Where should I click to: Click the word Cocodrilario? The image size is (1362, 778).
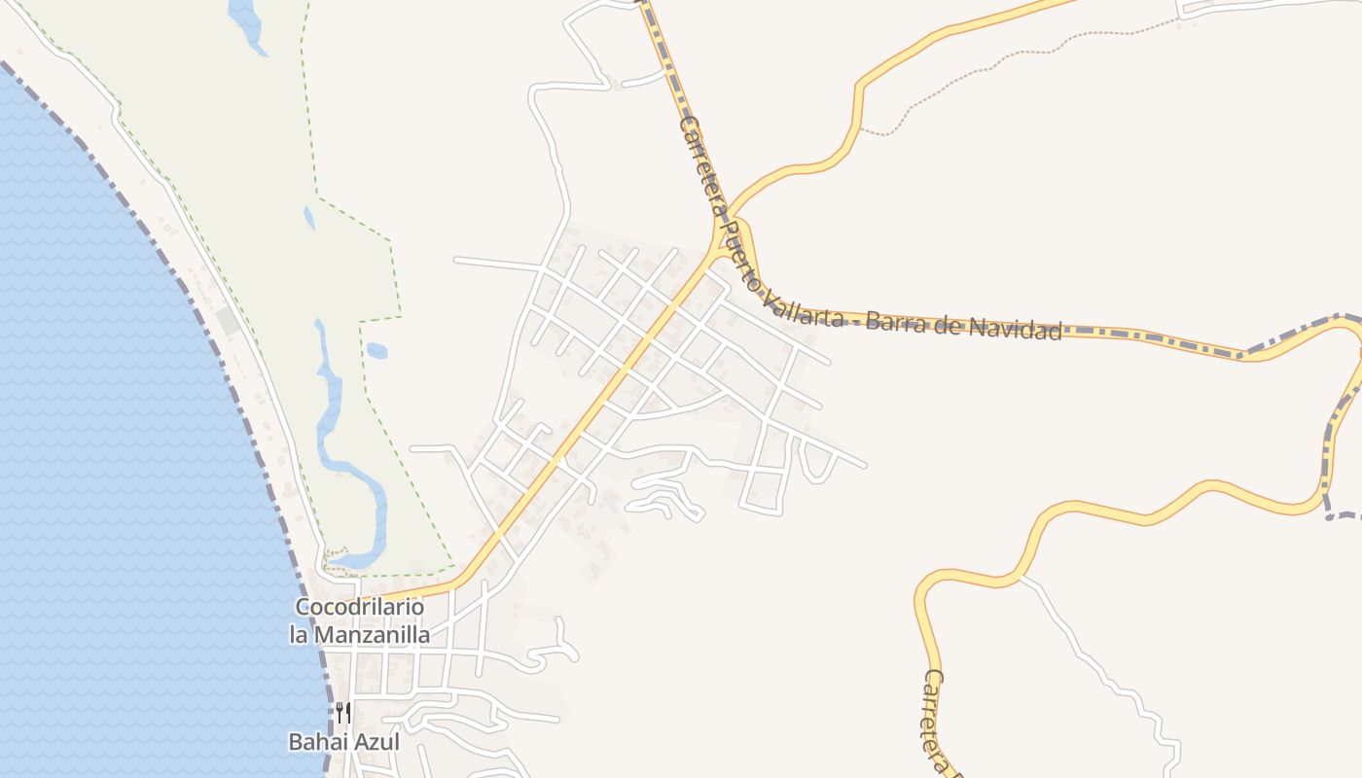[360, 607]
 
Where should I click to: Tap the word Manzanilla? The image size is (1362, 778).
[381, 635]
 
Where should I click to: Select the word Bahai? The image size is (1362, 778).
[316, 741]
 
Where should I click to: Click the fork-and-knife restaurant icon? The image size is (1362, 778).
[342, 714]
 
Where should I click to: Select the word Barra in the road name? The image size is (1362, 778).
[892, 320]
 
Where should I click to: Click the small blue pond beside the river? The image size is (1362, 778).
[376, 350]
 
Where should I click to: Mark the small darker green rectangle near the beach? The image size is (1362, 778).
[228, 320]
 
